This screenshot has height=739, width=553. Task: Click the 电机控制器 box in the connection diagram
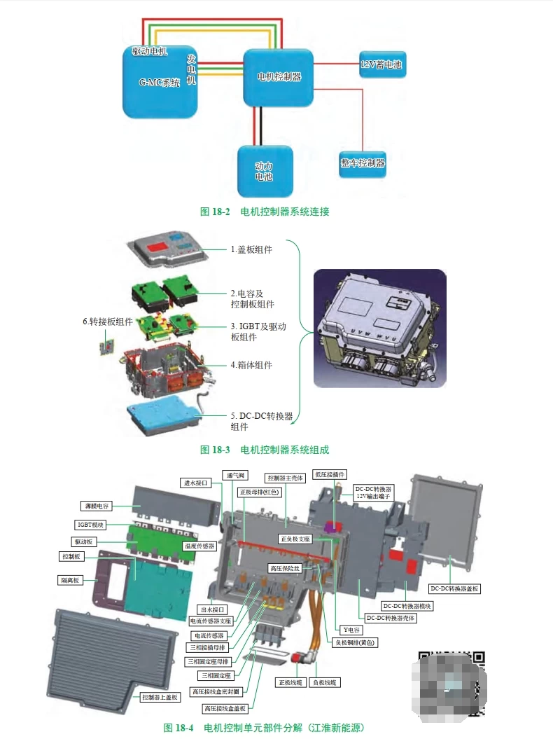pos(278,77)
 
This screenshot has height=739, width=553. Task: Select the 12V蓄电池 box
pos(382,64)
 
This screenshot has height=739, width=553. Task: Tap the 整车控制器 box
pos(363,163)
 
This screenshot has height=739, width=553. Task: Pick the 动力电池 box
pos(264,171)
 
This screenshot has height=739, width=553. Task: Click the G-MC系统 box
pos(160,82)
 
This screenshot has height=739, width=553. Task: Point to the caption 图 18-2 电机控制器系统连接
pos(265,212)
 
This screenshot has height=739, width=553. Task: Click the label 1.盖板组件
pos(251,249)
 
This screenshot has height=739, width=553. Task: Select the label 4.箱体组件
pos(251,365)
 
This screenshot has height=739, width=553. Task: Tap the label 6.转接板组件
pos(107,322)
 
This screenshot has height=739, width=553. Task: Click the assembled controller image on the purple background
pos(379,328)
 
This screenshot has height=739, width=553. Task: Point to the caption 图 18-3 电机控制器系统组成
pos(265,450)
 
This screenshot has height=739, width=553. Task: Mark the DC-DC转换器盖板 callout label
pos(455,589)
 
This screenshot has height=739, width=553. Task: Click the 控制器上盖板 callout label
pos(161,697)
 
